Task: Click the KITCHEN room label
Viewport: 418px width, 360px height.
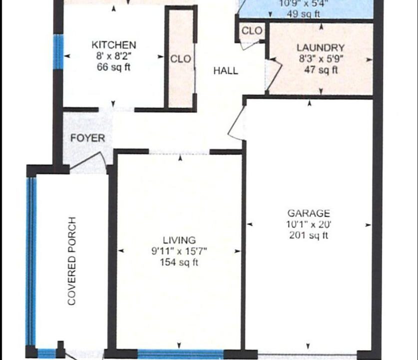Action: [114, 45]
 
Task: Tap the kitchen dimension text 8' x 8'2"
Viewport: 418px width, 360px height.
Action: [114, 56]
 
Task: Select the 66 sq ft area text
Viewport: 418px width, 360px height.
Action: [114, 67]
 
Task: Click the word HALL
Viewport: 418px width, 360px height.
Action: [226, 71]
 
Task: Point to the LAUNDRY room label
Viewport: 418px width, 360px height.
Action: [321, 48]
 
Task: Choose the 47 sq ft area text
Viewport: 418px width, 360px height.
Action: [321, 70]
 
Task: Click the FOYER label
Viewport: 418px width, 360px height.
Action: [87, 138]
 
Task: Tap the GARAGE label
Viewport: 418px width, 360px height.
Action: [309, 213]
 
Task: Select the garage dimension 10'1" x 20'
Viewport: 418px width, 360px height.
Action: [309, 224]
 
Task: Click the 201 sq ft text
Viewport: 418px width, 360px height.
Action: [309, 235]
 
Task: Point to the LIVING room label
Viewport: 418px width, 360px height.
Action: [179, 240]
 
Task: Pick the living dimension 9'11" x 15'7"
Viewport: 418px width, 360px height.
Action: [179, 251]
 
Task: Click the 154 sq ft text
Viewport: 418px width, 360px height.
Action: [179, 262]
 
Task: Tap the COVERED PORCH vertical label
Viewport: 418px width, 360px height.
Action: [72, 261]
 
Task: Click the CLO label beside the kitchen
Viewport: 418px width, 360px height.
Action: [180, 59]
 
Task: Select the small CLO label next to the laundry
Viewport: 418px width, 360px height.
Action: [252, 31]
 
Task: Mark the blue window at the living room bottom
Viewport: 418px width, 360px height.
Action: [180, 354]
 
